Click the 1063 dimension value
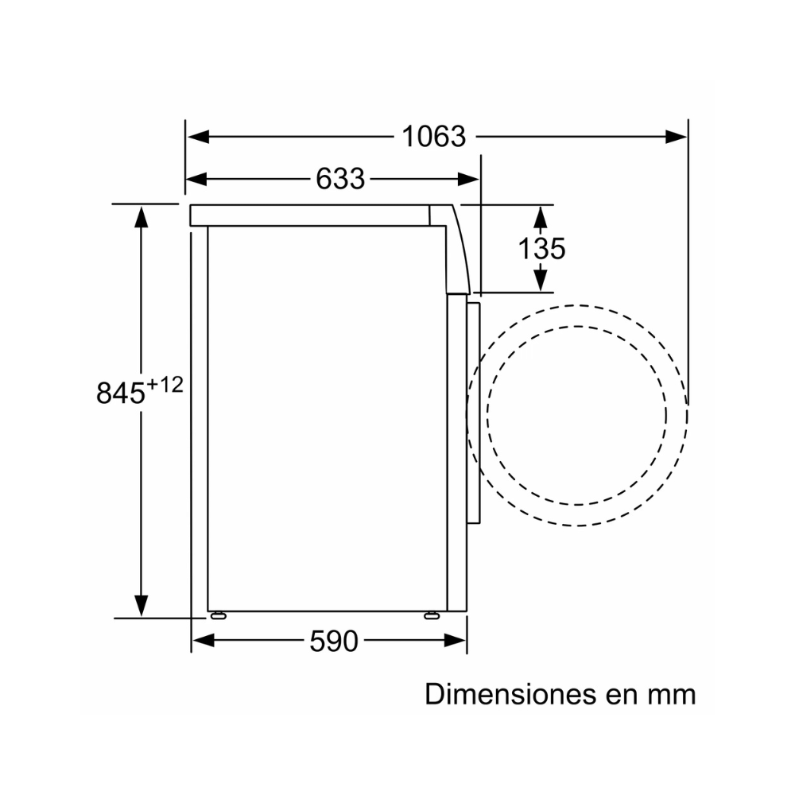click(433, 137)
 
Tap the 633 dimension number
click(340, 178)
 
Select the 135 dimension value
click(541, 248)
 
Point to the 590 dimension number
click(334, 641)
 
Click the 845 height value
click(121, 393)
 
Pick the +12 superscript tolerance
click(165, 386)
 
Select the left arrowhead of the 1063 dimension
click(198, 137)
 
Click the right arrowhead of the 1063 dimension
click(676, 137)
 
